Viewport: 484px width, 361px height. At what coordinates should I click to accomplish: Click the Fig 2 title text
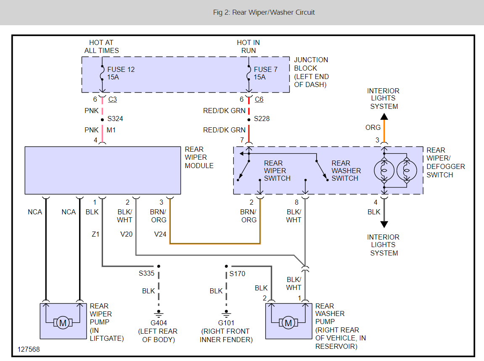(264, 12)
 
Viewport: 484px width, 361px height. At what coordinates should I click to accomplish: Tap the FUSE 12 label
(121, 69)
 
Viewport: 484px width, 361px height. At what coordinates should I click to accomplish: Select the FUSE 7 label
(265, 69)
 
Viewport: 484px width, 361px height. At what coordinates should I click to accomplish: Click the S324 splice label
(116, 119)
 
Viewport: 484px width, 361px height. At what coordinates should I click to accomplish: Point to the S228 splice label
(262, 119)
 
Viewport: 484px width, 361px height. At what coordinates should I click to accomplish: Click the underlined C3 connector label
(113, 99)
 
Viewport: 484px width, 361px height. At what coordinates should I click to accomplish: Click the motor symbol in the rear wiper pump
(63, 323)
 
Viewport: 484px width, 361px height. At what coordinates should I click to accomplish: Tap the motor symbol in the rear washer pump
(288, 323)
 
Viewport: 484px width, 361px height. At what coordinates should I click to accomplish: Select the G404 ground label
(159, 323)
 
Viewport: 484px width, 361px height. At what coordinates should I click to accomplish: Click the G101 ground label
(226, 323)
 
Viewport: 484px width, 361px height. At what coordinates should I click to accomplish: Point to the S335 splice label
(146, 274)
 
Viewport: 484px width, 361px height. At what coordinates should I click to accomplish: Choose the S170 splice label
(237, 274)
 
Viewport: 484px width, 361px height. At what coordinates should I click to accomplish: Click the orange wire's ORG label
(373, 127)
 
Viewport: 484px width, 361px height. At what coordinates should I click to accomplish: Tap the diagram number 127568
(29, 349)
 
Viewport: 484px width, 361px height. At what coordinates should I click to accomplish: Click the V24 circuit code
(160, 234)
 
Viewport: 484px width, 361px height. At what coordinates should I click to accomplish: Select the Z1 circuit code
(95, 234)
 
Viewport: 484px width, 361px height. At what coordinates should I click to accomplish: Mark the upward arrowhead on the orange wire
(384, 117)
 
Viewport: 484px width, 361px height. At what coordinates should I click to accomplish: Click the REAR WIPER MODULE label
(199, 157)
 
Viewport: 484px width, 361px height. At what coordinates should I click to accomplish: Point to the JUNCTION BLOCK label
(311, 72)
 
